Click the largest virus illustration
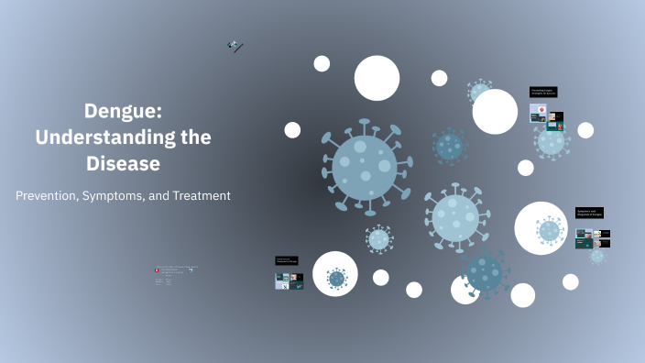coord(365,165)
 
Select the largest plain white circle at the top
coord(377,78)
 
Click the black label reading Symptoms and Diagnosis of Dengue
coord(589,213)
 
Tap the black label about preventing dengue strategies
coord(542,92)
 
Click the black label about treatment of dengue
coord(289,261)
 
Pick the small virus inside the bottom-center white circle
coord(336,277)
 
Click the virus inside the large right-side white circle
coord(548,230)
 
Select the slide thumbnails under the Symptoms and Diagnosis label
coord(593,238)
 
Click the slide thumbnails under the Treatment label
coord(290,281)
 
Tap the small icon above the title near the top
coord(235,46)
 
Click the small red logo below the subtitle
coord(159,270)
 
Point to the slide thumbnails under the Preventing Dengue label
coord(546,117)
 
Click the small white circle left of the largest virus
coord(292,130)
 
